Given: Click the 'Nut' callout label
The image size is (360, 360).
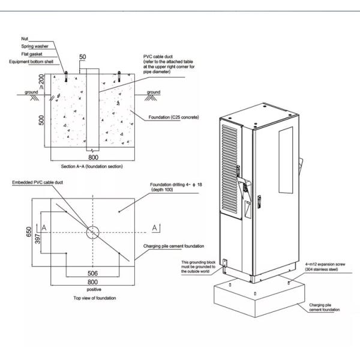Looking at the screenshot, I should [25, 39].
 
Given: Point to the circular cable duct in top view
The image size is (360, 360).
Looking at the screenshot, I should [92, 232].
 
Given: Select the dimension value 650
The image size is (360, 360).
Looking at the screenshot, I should [29, 232].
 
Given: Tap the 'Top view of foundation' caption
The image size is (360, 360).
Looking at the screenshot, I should [94, 298].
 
